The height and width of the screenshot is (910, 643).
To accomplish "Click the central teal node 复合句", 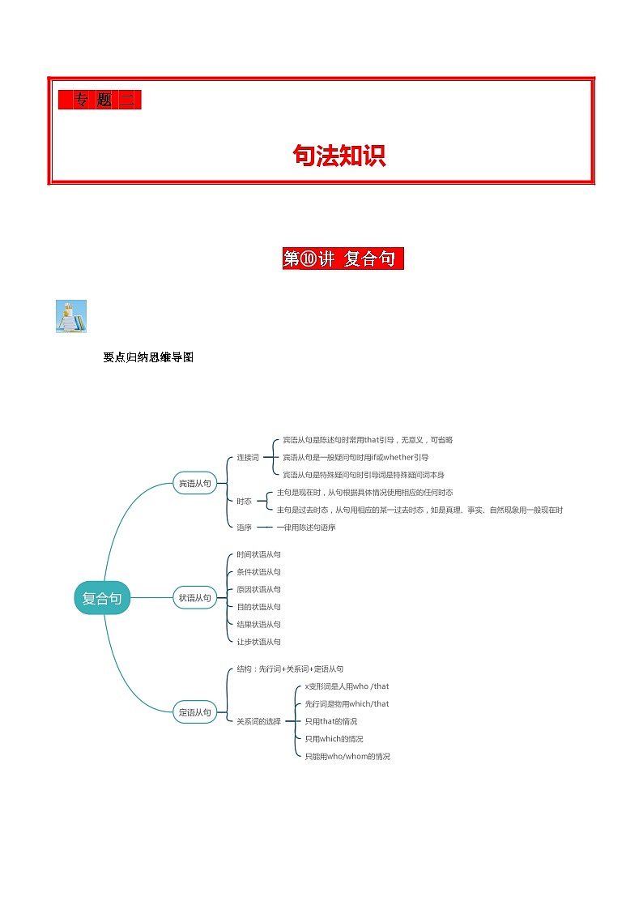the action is pyautogui.click(x=102, y=598).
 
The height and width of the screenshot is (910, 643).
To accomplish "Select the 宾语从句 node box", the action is pyautogui.click(x=194, y=484).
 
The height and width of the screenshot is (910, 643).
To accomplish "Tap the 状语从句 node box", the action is pyautogui.click(x=194, y=598).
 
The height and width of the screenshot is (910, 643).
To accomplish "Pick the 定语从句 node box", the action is pyautogui.click(x=194, y=712).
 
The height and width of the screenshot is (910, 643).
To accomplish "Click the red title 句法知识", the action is pyautogui.click(x=339, y=156).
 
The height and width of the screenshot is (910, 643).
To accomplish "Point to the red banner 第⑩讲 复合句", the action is pyautogui.click(x=343, y=259).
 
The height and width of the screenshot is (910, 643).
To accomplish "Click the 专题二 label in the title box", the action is pyautogui.click(x=100, y=100).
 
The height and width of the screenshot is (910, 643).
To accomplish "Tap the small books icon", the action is pyautogui.click(x=71, y=316).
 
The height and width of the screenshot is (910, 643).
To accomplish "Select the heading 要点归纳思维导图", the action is pyautogui.click(x=148, y=357).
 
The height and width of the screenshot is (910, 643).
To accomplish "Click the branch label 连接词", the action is pyautogui.click(x=247, y=458).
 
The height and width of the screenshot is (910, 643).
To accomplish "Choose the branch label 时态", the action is pyautogui.click(x=244, y=502).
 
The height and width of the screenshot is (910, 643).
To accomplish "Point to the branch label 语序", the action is pyautogui.click(x=244, y=528).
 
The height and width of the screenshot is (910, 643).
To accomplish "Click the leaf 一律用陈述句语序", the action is pyautogui.click(x=306, y=528).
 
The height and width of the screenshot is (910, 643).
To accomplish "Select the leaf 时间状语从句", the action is pyautogui.click(x=258, y=554).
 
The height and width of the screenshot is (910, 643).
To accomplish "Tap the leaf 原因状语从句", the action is pyautogui.click(x=258, y=589).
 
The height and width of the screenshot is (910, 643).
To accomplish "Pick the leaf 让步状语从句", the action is pyautogui.click(x=258, y=642).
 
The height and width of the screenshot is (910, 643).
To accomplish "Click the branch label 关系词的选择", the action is pyautogui.click(x=258, y=721).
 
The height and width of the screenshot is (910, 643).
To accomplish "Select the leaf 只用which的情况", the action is pyautogui.click(x=334, y=739).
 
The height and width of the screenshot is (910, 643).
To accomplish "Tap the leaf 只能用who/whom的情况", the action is pyautogui.click(x=347, y=756).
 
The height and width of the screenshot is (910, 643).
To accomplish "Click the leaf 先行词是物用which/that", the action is pyautogui.click(x=347, y=704).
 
